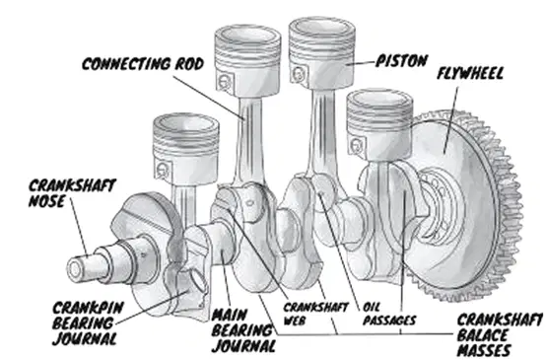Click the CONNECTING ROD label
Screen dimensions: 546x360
point(143,64)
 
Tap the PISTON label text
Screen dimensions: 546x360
point(401,61)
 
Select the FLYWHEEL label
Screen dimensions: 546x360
point(470,73)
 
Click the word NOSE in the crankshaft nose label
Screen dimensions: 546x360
point(46,201)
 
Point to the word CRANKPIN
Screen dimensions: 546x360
point(88,308)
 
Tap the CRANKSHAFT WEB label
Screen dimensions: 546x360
point(315,314)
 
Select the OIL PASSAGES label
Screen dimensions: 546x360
point(389,314)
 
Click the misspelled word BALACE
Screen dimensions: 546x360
point(482,335)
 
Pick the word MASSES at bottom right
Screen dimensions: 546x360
point(484,350)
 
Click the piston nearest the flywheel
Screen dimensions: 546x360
point(379,123)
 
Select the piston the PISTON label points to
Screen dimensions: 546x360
point(321,52)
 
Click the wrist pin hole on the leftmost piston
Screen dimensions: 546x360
point(163,170)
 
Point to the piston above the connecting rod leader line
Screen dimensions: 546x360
point(247,60)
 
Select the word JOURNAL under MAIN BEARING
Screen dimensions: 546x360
point(243,346)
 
